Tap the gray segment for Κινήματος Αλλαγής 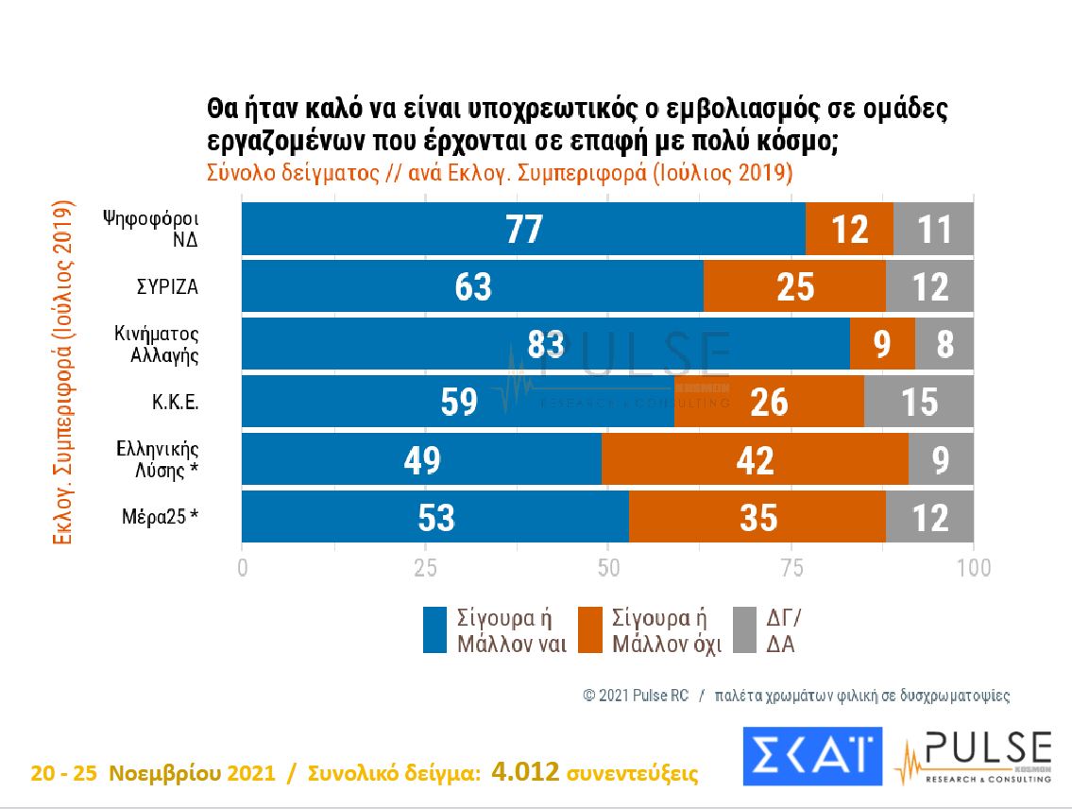tap(944, 344)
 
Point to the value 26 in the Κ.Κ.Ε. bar tap(770, 403)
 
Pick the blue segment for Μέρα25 tap(434, 518)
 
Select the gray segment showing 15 tap(918, 403)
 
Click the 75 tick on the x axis tap(791, 568)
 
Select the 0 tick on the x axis tap(243, 568)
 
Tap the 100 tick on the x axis tap(973, 568)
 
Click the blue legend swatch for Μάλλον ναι tap(434, 630)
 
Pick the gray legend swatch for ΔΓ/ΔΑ tap(745, 630)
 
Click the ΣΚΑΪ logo tap(812, 756)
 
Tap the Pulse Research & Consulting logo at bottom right tap(973, 756)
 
